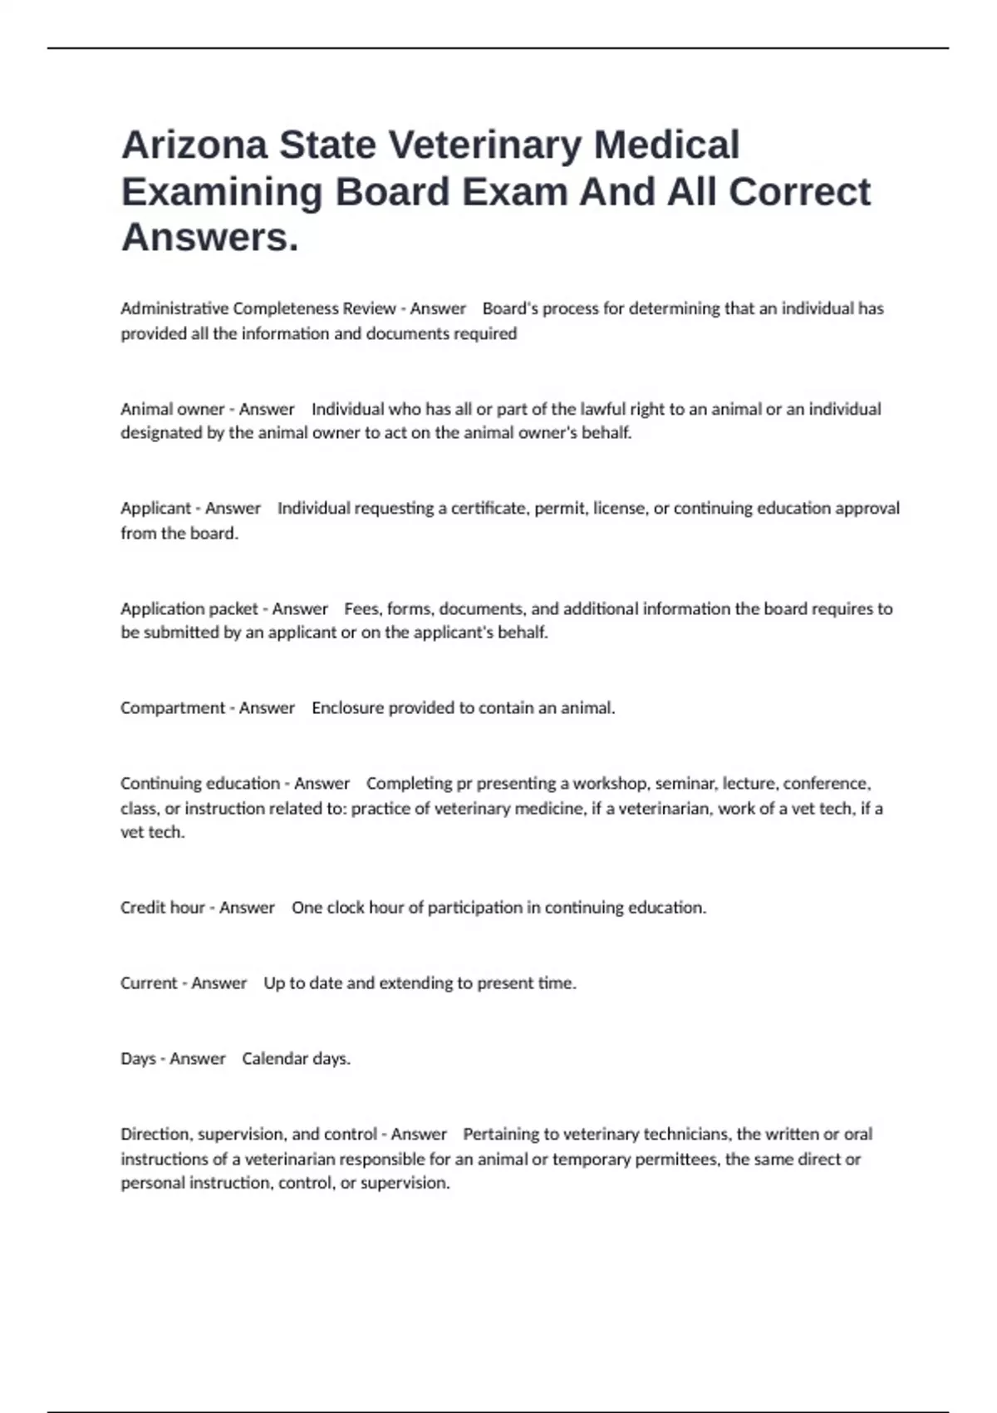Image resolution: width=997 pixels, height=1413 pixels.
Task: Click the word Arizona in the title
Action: (195, 145)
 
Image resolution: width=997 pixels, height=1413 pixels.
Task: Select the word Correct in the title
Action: (799, 192)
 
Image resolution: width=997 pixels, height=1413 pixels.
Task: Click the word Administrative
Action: (174, 308)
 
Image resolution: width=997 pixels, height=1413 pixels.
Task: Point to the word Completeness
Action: (280, 308)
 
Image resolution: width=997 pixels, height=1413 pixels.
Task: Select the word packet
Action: (233, 608)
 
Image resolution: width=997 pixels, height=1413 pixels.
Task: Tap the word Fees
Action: (363, 608)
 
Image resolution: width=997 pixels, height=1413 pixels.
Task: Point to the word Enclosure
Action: (347, 708)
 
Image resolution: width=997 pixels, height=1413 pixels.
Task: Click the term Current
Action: (149, 983)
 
